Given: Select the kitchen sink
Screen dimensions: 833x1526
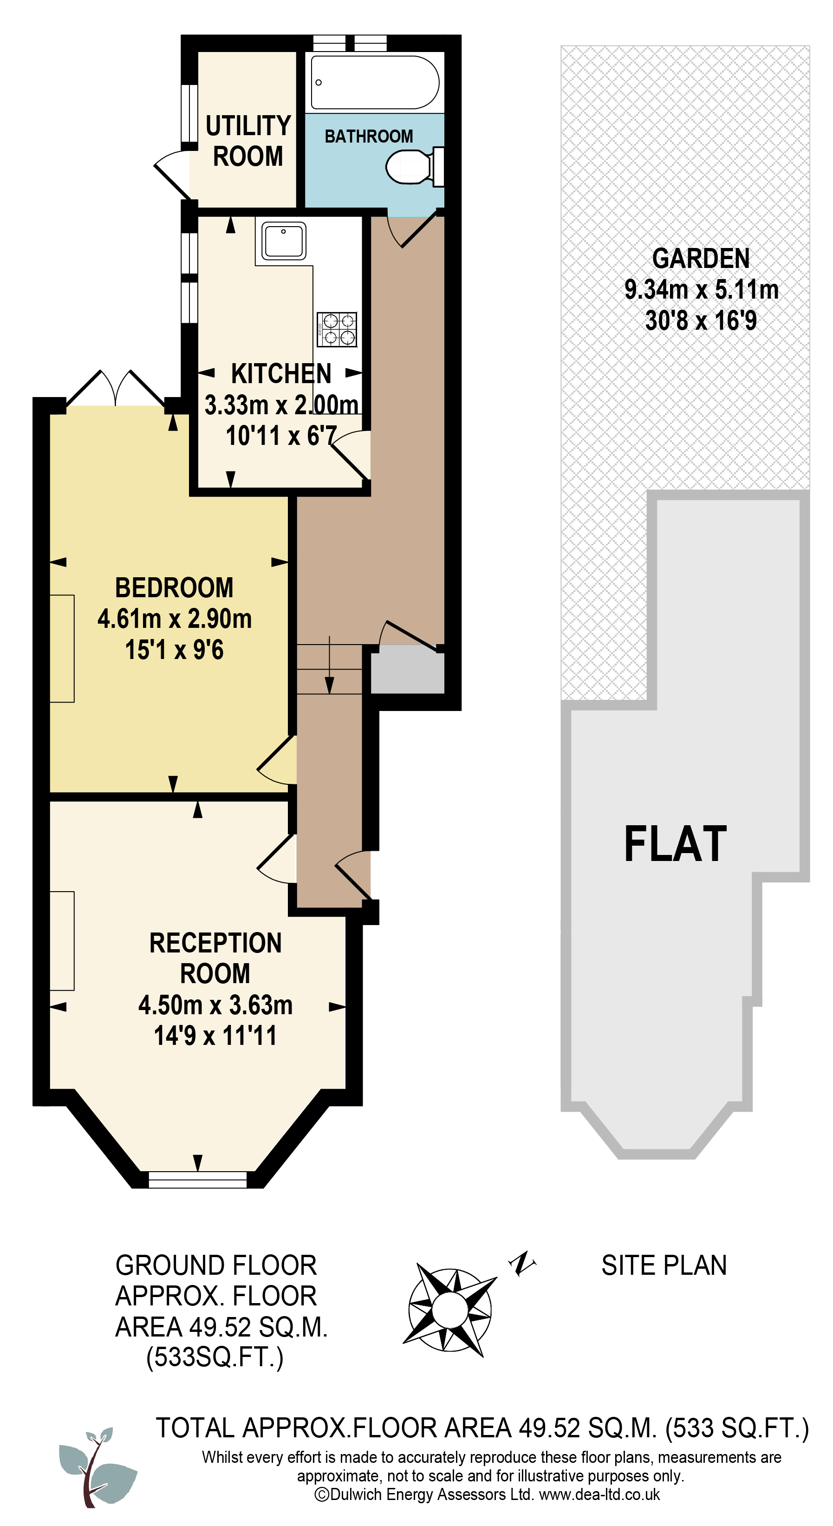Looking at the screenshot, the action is click(284, 241).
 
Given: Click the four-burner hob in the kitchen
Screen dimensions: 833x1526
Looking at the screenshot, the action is click(337, 329).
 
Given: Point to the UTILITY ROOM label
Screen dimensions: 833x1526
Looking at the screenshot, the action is click(248, 141).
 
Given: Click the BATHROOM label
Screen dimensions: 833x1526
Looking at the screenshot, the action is click(369, 136).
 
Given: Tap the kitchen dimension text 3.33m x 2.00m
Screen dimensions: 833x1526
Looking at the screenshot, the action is click(281, 404).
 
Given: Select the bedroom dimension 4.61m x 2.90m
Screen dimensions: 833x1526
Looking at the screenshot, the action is click(175, 619).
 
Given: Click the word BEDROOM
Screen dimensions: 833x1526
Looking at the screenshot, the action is click(174, 587).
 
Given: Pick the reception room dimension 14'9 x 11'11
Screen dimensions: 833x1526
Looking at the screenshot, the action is click(215, 1036).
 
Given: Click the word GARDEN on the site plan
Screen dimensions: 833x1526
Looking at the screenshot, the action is click(701, 258).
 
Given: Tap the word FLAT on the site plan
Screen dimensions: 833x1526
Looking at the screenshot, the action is click(676, 843).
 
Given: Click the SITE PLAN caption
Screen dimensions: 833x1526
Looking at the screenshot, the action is click(664, 1265).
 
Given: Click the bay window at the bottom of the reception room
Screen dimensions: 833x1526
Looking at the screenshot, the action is click(197, 1180).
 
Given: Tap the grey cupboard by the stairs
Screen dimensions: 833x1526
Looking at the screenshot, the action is click(408, 669).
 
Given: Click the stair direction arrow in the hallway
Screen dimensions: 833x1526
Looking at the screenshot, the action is click(329, 665).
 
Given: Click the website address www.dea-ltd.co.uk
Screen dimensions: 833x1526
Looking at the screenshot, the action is click(599, 1494).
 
